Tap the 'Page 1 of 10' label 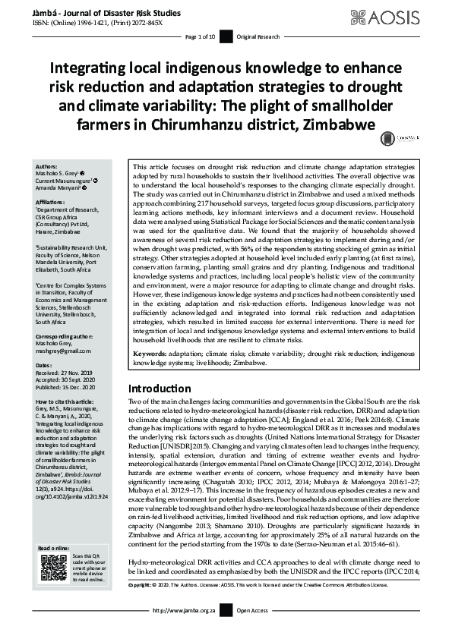(200, 36)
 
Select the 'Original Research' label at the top (258, 36)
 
